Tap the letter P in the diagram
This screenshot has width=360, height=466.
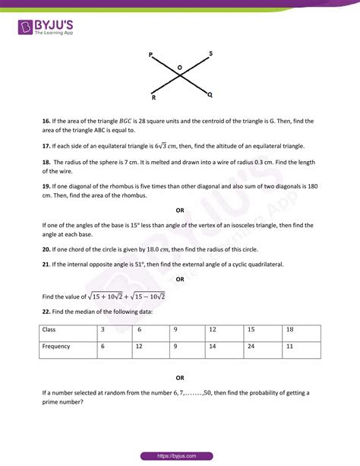(151, 55)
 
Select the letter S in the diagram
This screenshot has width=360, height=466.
(210, 53)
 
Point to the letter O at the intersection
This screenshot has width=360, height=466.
(180, 68)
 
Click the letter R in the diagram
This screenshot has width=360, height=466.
(153, 98)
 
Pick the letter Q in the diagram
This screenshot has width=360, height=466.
(210, 95)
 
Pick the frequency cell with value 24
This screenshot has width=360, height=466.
(251, 347)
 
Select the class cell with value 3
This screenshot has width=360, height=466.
(103, 330)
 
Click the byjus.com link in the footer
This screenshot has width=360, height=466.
(180, 455)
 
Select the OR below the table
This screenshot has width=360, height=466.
(180, 378)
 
